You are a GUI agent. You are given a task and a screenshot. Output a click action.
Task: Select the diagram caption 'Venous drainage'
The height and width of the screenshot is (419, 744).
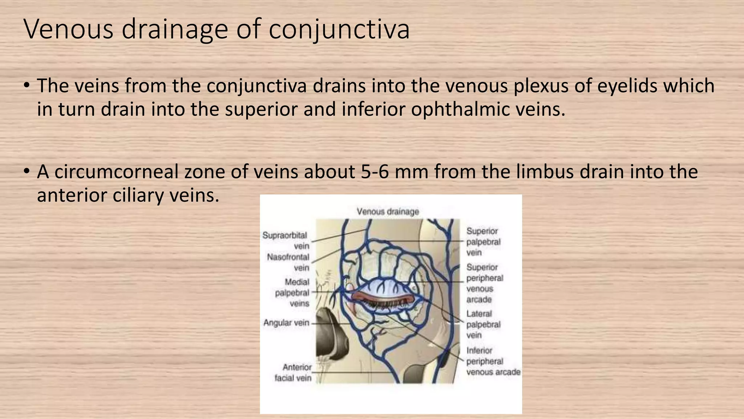click(388, 211)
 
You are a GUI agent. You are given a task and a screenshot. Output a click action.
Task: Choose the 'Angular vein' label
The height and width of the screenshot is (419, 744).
click(286, 323)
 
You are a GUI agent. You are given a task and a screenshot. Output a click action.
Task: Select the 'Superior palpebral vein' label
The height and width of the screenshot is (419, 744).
click(483, 242)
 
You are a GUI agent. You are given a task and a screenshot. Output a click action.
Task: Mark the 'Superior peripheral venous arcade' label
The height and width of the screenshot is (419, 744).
click(484, 283)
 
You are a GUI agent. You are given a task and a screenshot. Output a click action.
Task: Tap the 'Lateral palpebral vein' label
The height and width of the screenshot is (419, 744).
click(483, 324)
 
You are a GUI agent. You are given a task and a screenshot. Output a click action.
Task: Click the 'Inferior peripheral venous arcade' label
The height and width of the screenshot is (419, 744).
click(492, 361)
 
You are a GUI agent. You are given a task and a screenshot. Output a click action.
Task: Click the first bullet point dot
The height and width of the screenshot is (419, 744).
click(27, 86)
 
